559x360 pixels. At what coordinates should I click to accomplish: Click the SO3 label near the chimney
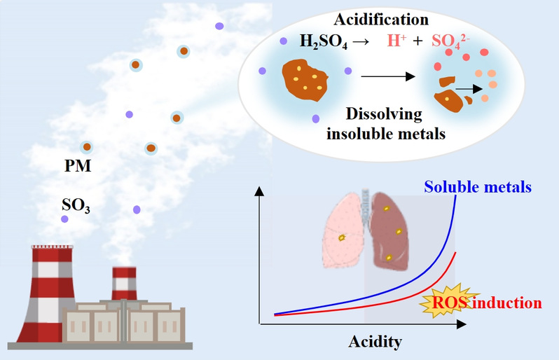(76, 205)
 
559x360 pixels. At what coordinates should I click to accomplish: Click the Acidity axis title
(375, 342)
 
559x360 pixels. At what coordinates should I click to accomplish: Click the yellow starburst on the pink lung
(342, 238)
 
